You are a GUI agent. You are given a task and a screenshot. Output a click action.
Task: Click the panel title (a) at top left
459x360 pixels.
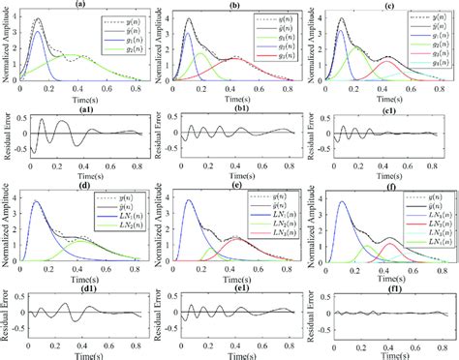click(81, 5)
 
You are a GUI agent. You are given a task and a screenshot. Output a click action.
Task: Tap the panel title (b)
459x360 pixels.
click(233, 5)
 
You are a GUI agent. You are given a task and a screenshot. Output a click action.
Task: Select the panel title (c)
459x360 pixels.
click(385, 5)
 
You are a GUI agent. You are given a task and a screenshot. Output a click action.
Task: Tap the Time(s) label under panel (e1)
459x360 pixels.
click(233, 353)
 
